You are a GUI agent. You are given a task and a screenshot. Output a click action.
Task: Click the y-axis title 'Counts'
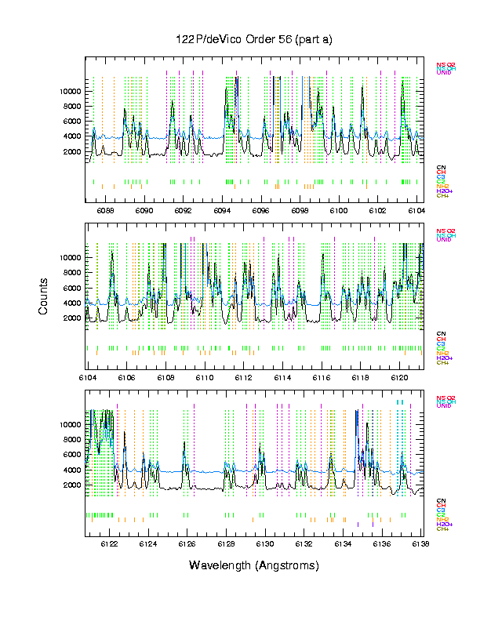click(x=45, y=297)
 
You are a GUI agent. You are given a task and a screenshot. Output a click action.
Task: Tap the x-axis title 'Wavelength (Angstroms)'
click(x=254, y=565)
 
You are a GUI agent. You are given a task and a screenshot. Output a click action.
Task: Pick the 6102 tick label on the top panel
click(x=377, y=211)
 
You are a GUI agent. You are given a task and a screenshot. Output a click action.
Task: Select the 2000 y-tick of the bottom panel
click(x=71, y=485)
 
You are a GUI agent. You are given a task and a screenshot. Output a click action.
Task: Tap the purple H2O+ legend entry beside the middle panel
click(x=444, y=358)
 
